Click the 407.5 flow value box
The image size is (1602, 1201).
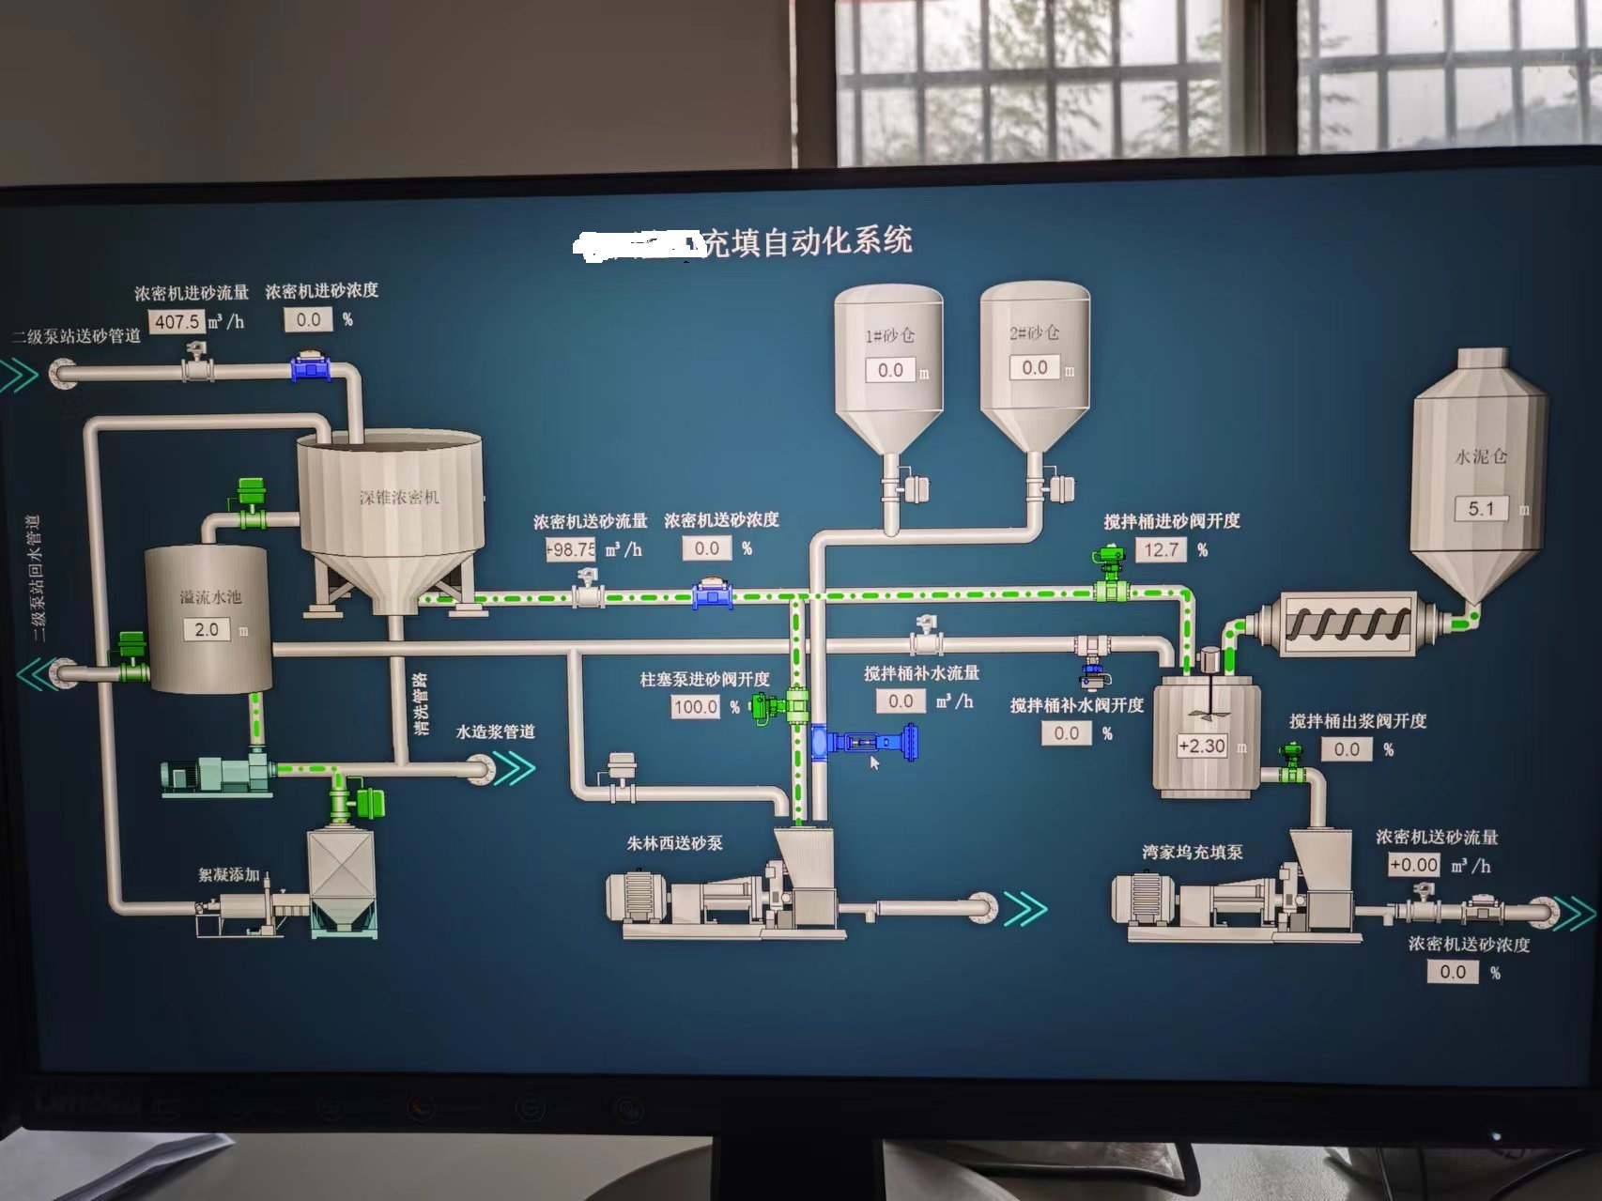[x=177, y=321]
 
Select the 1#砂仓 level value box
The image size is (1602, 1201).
[x=890, y=370]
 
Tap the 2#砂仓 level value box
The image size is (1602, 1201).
[x=1034, y=367]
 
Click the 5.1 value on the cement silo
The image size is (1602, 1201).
[x=1481, y=508]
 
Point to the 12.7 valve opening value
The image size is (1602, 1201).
[x=1161, y=549]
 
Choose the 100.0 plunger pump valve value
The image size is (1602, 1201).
[x=696, y=706]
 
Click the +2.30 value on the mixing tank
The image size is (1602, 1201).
[x=1202, y=746]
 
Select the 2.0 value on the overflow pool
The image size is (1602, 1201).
[x=207, y=629]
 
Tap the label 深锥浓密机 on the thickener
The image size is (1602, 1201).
[x=399, y=497]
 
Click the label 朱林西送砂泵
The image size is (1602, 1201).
[x=674, y=843]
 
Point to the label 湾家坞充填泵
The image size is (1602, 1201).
[x=1192, y=852]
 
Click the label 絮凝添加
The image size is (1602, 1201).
[x=228, y=874]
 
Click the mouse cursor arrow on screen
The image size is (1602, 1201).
[x=874, y=762]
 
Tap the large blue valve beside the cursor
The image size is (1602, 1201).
[x=864, y=742]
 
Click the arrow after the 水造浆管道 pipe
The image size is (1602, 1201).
[x=516, y=768]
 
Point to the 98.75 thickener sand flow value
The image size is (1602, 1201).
[x=571, y=549]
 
